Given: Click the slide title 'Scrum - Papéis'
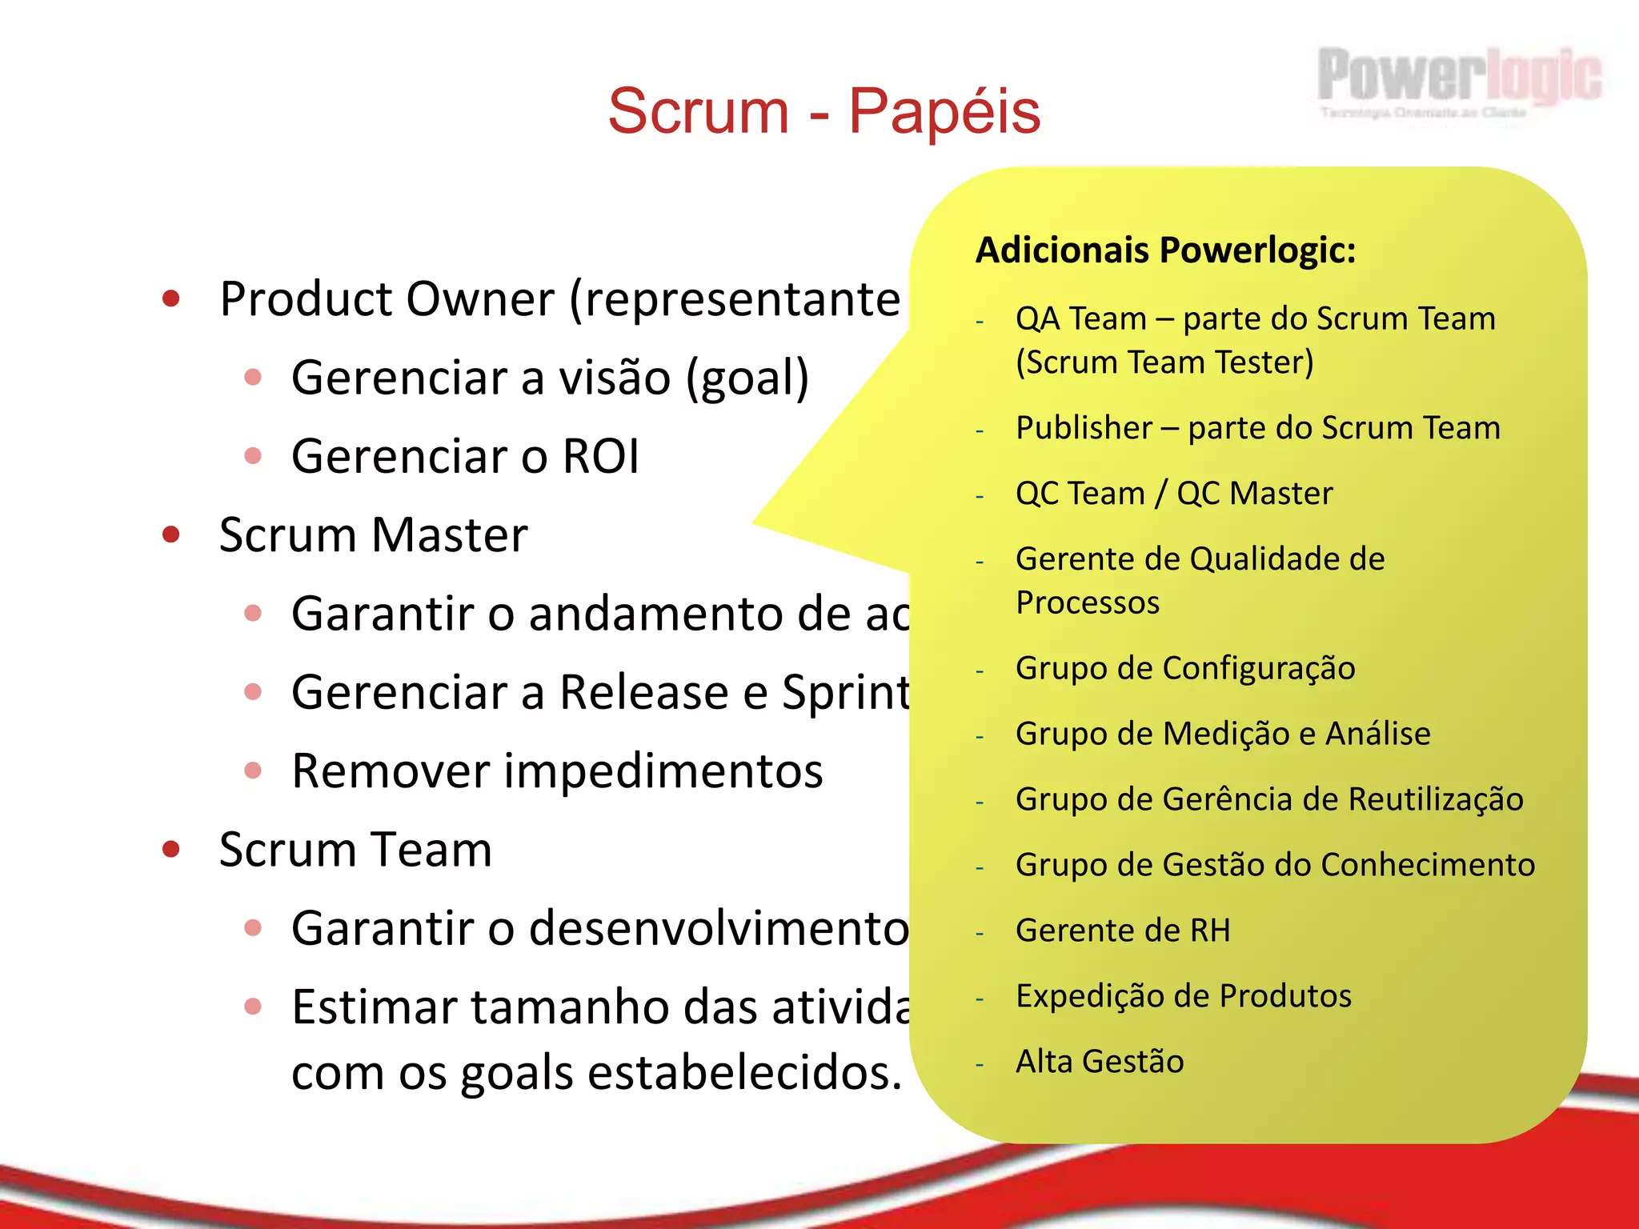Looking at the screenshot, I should click(x=824, y=111).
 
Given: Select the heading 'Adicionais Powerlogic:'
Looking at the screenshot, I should click(x=1165, y=250).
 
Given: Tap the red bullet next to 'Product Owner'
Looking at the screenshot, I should click(x=170, y=299).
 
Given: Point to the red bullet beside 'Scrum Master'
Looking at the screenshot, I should click(x=170, y=534).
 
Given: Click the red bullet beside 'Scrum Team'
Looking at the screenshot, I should click(x=170, y=849).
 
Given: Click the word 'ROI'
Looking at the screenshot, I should click(x=601, y=456).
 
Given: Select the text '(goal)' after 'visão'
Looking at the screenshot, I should click(x=747, y=378).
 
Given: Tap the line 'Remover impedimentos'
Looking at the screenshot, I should click(x=557, y=771).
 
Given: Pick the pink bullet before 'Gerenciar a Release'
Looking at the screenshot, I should click(x=253, y=692).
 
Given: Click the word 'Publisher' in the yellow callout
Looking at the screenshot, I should click(x=1084, y=428).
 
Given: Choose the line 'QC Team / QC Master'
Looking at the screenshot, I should click(x=1174, y=494).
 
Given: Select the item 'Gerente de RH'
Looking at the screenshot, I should click(x=1123, y=931).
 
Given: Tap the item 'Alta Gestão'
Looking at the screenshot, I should click(x=1100, y=1062).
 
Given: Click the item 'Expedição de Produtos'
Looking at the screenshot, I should click(x=1183, y=996).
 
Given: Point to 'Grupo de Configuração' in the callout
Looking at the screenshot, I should click(x=1185, y=668).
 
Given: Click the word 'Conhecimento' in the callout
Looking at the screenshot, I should click(x=1428, y=865).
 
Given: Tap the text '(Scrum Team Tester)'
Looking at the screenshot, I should click(x=1164, y=362).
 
